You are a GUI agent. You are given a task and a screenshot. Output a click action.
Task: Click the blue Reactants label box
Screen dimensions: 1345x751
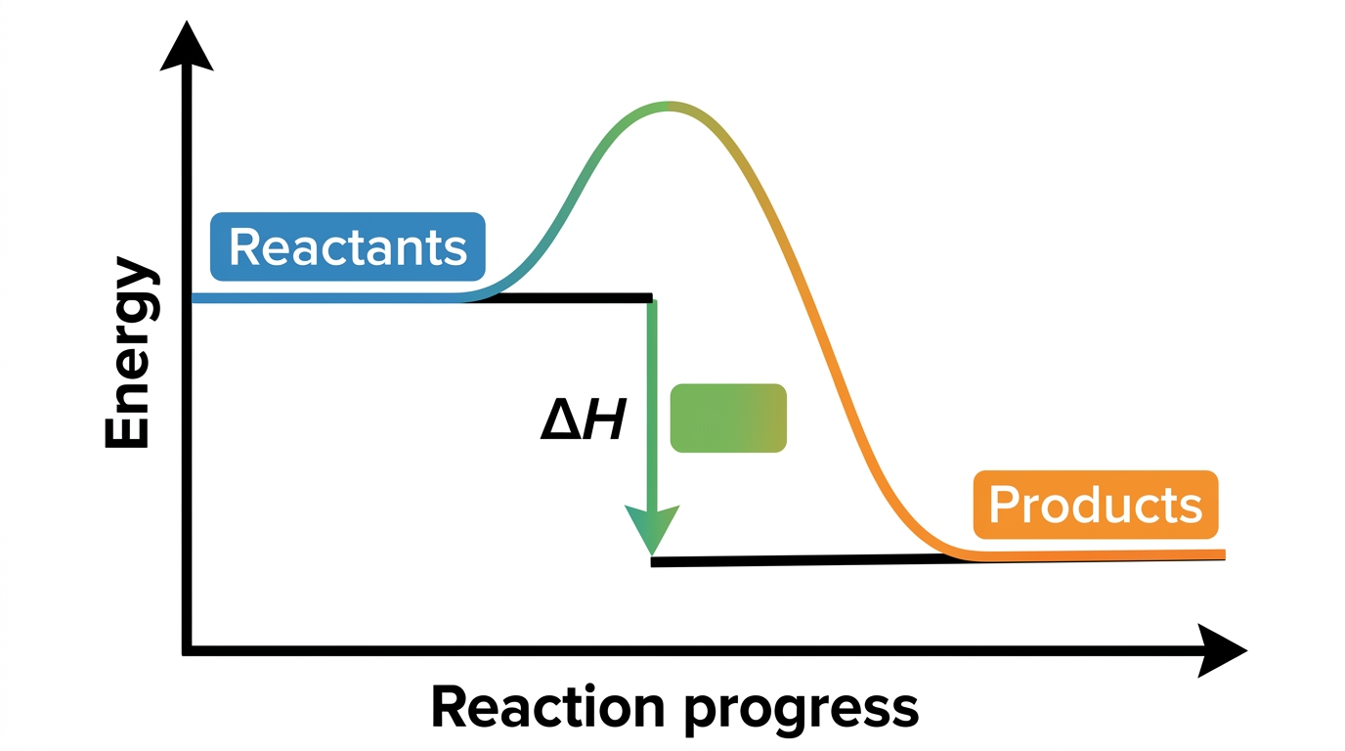point(348,246)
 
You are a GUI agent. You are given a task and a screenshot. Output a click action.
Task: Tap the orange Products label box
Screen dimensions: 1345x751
point(1096,505)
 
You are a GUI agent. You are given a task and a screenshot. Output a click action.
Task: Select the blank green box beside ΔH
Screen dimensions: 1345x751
point(728,419)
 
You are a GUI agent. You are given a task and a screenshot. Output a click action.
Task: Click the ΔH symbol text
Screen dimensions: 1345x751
point(583,420)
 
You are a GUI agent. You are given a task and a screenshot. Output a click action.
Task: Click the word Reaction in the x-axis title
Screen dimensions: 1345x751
point(547,708)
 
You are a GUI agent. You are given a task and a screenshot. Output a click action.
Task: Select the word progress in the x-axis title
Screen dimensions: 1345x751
point(802,712)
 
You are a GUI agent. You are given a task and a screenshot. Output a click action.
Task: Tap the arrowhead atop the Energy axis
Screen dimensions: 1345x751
point(187,47)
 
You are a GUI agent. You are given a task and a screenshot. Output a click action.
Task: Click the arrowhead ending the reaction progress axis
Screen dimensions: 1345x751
point(1221,650)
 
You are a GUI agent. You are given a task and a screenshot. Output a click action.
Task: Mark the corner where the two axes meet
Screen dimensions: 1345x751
point(187,650)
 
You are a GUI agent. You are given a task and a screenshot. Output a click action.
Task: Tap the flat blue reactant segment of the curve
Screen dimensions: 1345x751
point(327,298)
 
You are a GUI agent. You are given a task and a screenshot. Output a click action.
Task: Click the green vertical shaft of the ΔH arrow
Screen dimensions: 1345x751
point(652,403)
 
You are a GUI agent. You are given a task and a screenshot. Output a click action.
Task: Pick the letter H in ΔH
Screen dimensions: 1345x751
point(605,420)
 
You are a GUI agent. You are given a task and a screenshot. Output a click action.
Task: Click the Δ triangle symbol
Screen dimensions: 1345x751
point(560,420)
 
